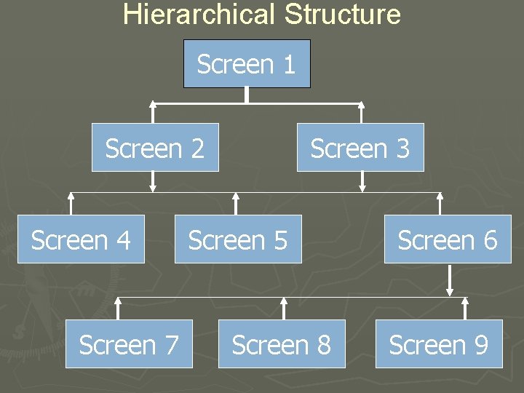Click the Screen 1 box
[x=247, y=64]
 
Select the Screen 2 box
[x=155, y=148]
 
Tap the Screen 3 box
[x=360, y=148]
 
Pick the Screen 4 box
[x=81, y=239]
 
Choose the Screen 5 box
[x=238, y=239]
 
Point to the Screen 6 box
[x=448, y=239]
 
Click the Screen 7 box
[x=129, y=344]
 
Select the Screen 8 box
[x=282, y=344]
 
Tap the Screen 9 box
[x=439, y=344]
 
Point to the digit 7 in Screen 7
[x=171, y=345]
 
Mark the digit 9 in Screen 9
[x=480, y=345]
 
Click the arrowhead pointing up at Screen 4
[x=71, y=196]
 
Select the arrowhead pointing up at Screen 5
[x=235, y=196]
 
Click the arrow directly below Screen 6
[x=450, y=280]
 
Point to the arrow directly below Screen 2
[x=153, y=181]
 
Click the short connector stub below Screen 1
[x=247, y=95]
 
